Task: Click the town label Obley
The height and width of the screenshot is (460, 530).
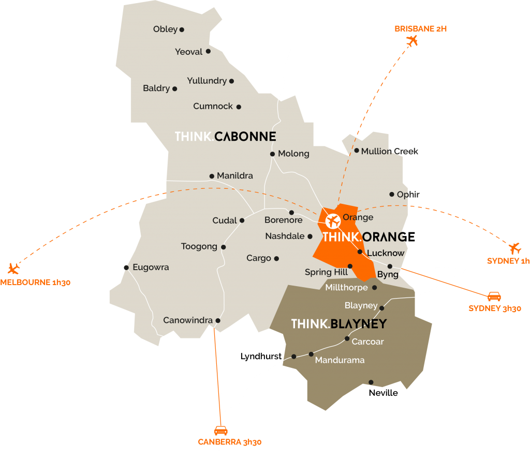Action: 165,29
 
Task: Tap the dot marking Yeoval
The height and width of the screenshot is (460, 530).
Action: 208,51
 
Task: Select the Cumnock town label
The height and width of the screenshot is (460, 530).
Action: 213,106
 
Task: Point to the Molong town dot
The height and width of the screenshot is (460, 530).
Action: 272,154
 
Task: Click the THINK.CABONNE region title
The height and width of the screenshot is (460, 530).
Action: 225,137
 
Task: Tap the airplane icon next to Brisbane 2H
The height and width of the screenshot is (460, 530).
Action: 412,41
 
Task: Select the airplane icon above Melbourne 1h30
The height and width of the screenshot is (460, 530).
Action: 13,268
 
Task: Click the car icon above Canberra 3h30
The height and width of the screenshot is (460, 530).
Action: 221,431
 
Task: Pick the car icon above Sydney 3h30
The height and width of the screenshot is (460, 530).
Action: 494,296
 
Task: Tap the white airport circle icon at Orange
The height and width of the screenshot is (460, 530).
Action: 332,222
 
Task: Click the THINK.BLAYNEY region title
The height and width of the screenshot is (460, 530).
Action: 338,324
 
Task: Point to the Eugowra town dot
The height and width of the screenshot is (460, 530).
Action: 126,268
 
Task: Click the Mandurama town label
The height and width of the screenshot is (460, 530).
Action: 340,360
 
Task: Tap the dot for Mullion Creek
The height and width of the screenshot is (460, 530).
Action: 357,151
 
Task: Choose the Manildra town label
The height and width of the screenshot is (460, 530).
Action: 235,176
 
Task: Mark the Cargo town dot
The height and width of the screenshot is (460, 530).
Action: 276,258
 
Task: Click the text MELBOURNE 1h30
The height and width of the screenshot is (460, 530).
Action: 35,283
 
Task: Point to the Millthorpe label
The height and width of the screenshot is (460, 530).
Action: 346,287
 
